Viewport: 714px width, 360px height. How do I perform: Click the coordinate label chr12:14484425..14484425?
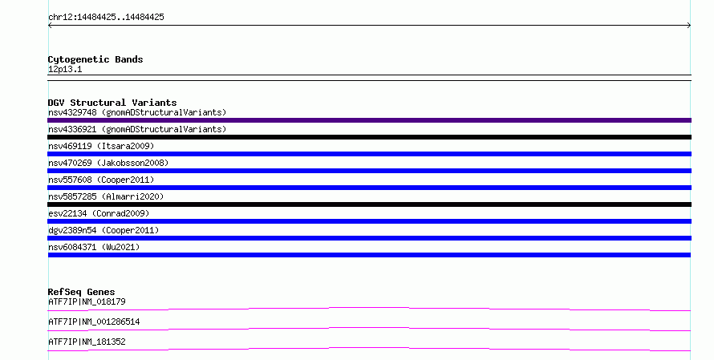106,18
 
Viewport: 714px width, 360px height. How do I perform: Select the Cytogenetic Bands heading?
95,59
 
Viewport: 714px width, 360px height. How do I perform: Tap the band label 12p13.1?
65,69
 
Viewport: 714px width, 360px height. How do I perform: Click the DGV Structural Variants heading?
112,103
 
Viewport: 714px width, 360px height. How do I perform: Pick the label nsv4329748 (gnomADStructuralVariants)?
137,112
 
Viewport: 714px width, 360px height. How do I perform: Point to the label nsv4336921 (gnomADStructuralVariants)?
137,129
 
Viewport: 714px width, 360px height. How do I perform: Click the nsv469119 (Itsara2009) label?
101,146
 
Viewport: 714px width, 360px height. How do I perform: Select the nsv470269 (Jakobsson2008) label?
108,163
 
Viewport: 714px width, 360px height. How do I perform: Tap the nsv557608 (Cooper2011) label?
101,180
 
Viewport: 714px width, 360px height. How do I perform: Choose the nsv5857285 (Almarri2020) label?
106,196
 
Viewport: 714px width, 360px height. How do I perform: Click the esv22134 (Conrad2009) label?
99,213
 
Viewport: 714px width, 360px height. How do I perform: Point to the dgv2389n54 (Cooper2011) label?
103,230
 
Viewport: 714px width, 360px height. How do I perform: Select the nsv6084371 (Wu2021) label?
94,247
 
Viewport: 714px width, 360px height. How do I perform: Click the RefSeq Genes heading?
82,292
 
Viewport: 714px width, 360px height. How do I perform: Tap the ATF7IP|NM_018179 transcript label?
87,301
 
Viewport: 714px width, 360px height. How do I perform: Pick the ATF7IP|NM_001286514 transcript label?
94,322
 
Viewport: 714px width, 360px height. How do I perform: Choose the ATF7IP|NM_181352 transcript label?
87,342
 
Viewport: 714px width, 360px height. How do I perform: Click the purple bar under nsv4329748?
369,120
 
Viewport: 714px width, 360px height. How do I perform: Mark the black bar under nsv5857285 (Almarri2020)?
369,204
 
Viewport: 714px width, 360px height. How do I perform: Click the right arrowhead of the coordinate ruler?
689,26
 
